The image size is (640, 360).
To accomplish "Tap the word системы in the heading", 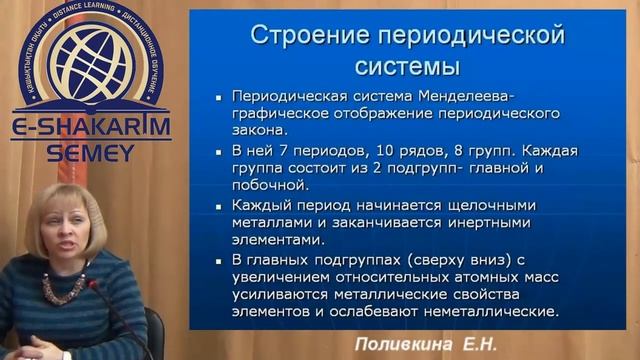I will pos(407,67).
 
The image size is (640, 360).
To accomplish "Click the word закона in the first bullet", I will pos(260,129).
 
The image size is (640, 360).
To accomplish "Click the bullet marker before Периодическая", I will pos(218,97).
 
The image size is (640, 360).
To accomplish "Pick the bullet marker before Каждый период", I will pos(218,206).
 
